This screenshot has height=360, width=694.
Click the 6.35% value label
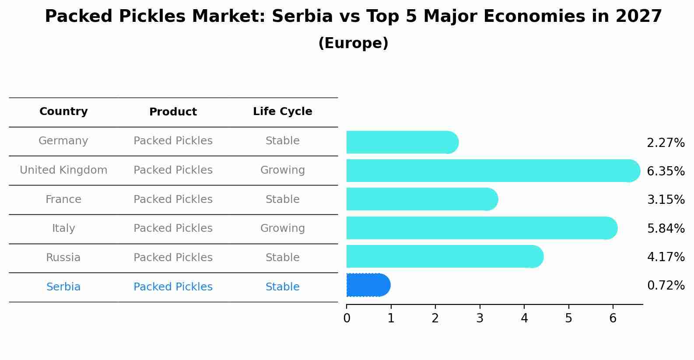pyautogui.click(x=666, y=171)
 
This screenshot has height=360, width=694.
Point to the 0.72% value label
pyautogui.click(x=666, y=286)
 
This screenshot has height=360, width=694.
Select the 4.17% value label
pyautogui.click(x=666, y=257)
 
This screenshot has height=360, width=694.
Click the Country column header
pyautogui.click(x=63, y=112)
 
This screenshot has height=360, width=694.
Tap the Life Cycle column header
pyautogui.click(x=282, y=112)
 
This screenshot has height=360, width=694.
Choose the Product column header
pyautogui.click(x=173, y=112)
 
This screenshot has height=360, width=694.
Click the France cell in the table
pyautogui.click(x=63, y=199)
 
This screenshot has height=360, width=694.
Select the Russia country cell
pyautogui.click(x=63, y=258)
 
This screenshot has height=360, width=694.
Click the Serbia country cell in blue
pyautogui.click(x=63, y=287)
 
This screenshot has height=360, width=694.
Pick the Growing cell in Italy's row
pyautogui.click(x=282, y=228)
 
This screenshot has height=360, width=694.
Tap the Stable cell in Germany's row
pyautogui.click(x=282, y=141)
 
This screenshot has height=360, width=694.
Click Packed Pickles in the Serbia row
pyautogui.click(x=173, y=287)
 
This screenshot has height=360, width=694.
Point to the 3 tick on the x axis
pyautogui.click(x=480, y=318)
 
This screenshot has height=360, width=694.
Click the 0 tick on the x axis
pyautogui.click(x=347, y=318)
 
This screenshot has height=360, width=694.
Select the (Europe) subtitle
pyautogui.click(x=353, y=43)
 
